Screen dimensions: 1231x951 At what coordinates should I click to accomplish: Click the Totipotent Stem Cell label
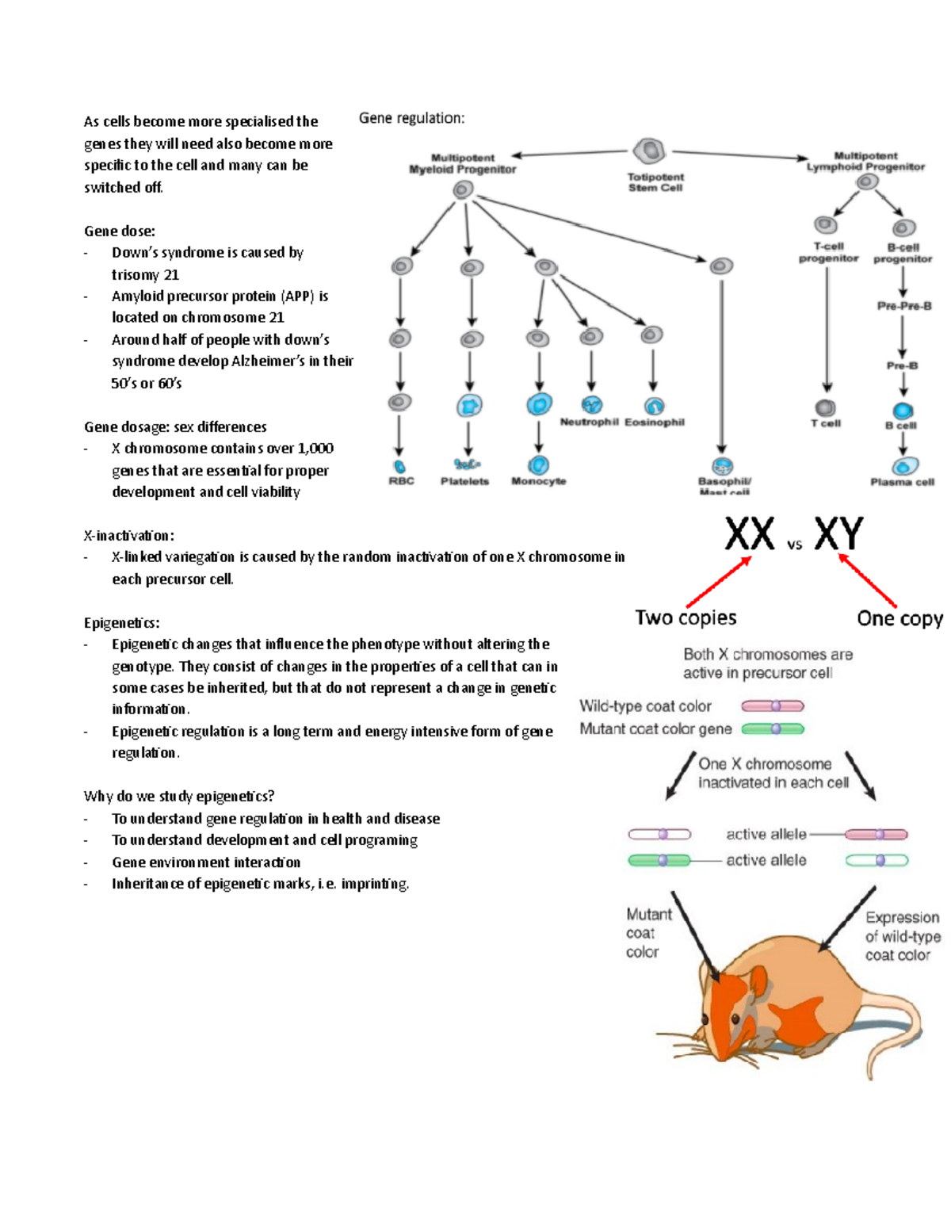coord(655,182)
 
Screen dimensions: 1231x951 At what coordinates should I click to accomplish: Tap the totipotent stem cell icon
coord(649,151)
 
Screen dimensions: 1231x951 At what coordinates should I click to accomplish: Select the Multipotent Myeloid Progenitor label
coord(462,163)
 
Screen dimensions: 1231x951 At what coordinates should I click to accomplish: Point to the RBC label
coord(401,481)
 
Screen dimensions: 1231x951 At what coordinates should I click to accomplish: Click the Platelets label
coord(464,481)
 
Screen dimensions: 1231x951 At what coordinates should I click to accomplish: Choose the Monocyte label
coord(539,481)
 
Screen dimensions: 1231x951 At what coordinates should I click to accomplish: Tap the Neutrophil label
coord(589,422)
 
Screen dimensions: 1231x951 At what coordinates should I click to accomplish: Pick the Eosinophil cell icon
coord(654,406)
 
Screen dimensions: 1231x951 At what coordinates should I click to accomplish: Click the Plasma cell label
coord(902,482)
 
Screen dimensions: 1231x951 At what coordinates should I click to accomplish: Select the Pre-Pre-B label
coord(903,306)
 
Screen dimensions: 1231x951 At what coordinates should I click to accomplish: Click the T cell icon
coord(826,407)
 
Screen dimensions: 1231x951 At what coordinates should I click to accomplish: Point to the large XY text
coord(838,535)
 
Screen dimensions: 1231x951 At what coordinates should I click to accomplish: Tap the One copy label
coord(899,618)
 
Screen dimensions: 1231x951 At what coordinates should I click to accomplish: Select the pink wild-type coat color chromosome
coord(773,706)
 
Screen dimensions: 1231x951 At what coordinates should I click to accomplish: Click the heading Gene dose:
coord(120,231)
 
